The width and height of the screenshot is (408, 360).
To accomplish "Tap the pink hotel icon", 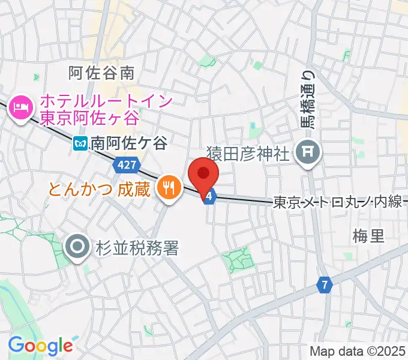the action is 20,109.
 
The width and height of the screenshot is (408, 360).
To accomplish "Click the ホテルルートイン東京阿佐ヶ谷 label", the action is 106,109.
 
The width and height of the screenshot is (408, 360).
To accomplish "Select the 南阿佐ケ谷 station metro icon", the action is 80,143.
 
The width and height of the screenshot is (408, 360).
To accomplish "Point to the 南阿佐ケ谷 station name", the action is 129,143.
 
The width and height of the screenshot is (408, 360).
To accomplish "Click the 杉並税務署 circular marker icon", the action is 79,246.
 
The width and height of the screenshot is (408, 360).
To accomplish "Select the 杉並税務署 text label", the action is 137,247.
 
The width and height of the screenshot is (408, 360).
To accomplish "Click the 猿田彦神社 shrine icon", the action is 309,152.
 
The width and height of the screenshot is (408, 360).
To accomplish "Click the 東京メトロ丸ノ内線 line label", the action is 338,203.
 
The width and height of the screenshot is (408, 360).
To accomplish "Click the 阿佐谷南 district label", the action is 101,73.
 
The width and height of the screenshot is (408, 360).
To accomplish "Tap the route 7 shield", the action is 324,285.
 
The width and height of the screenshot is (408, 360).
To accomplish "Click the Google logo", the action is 40,345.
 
